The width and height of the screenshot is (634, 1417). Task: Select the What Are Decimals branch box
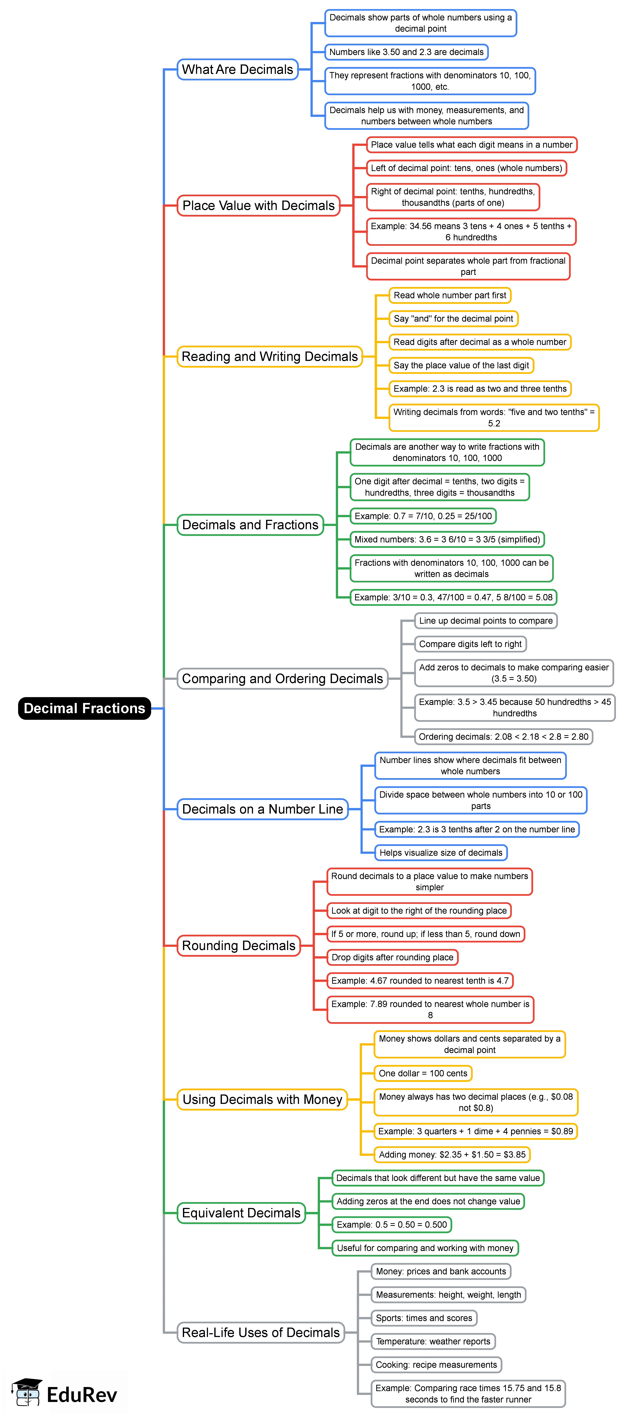pyautogui.click(x=237, y=69)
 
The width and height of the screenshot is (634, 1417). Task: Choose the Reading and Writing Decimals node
pyautogui.click(x=269, y=356)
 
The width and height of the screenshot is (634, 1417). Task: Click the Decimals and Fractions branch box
pyautogui.click(x=250, y=525)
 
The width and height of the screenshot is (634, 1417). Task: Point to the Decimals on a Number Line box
pyautogui.click(x=262, y=809)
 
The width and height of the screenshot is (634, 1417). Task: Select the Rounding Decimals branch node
pyautogui.click(x=239, y=946)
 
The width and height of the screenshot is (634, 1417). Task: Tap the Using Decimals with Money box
pyautogui.click(x=262, y=1100)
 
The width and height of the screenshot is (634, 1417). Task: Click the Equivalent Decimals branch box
pyautogui.click(x=241, y=1213)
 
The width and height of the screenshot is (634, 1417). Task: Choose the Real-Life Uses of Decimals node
pyautogui.click(x=261, y=1332)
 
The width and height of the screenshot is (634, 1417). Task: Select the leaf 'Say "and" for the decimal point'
pyautogui.click(x=453, y=319)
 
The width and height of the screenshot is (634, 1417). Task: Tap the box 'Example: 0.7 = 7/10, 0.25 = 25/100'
pyautogui.click(x=423, y=516)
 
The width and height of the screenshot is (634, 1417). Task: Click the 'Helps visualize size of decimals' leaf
pyautogui.click(x=441, y=853)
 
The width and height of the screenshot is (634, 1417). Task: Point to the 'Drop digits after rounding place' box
pyautogui.click(x=392, y=957)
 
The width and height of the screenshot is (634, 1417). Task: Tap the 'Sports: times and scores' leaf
pyautogui.click(x=424, y=1318)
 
